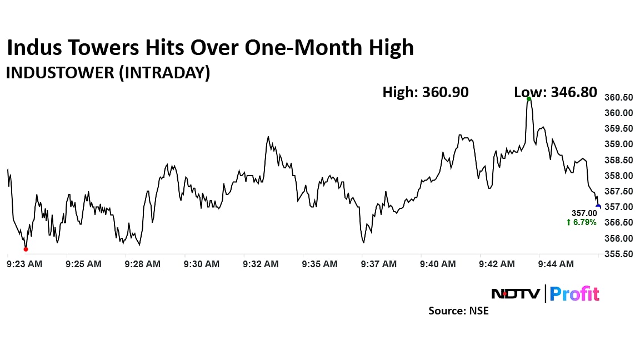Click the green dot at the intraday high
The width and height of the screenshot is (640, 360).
pos(529,99)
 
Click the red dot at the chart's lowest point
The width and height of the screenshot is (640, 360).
pos(26,249)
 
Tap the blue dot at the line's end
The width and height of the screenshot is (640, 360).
pos(598,207)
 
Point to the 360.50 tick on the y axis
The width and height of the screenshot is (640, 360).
pos(618,97)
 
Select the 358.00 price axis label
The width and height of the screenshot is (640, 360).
pos(618,176)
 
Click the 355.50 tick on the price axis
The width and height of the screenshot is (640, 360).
pos(618,254)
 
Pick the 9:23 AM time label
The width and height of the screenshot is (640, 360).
pos(24,264)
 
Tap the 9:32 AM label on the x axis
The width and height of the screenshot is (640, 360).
pos(261,264)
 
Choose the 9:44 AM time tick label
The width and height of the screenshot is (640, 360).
pos(556,264)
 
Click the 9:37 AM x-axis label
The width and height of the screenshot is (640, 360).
pos(379,264)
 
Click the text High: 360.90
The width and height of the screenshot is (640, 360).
pos(425,92)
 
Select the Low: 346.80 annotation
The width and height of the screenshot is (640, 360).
pos(556,92)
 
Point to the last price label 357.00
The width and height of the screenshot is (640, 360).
pos(584,213)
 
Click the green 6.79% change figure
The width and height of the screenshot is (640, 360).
pos(581,222)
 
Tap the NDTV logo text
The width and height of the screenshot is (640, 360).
pos(515,293)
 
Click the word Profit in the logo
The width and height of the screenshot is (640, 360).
pos(574,293)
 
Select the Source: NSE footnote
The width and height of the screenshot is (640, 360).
pos(458,311)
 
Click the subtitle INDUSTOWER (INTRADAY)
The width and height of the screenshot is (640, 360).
pos(108,73)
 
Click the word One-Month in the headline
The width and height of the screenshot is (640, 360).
pos(292,48)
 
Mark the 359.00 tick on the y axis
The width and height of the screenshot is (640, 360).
pos(618,144)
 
